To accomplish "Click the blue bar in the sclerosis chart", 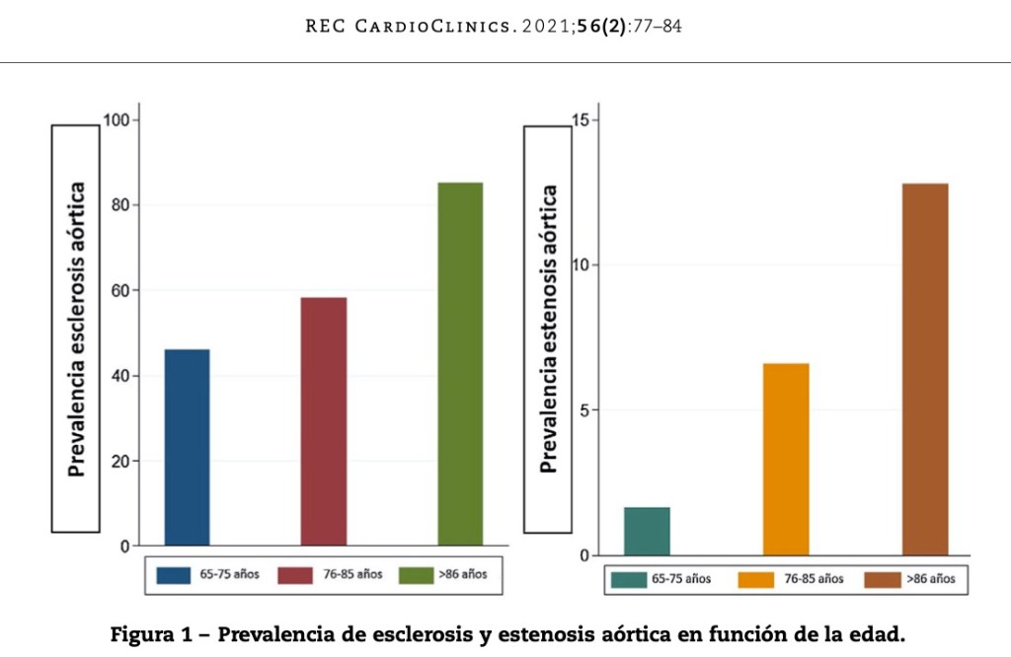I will pyautogui.click(x=187, y=447).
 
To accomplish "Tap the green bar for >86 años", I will pyautogui.click(x=460, y=364).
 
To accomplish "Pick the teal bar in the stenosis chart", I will pyautogui.click(x=647, y=531).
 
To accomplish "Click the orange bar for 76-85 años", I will pyautogui.click(x=786, y=459).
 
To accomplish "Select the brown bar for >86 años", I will pyautogui.click(x=925, y=369).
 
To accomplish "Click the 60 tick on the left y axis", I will pyautogui.click(x=118, y=291).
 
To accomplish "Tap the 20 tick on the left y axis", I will pyautogui.click(x=118, y=461).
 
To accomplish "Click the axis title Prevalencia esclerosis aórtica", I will pyautogui.click(x=76, y=328).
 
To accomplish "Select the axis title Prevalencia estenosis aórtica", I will pyautogui.click(x=549, y=328).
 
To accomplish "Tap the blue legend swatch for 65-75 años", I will pyautogui.click(x=174, y=574).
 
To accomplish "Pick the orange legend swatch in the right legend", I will pyautogui.click(x=755, y=579).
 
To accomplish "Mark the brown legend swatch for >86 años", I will pyautogui.click(x=882, y=579).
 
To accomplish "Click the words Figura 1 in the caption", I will pyautogui.click(x=158, y=633).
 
